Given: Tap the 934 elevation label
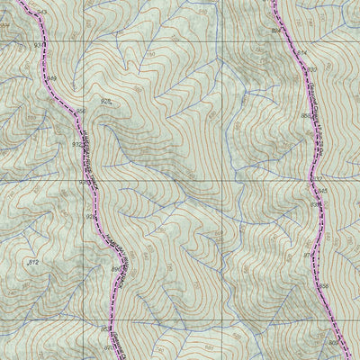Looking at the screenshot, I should tap(38, 43).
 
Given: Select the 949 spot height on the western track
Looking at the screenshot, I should tap(51, 80).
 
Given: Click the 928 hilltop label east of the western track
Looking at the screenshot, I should tap(107, 103).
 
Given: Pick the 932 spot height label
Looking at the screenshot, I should tap(76, 143).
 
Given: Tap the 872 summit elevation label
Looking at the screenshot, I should tap(34, 261).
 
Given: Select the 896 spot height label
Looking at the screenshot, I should tap(115, 268).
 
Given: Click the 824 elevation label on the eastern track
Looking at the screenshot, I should tap(275, 31).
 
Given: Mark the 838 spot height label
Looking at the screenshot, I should tap(323, 286).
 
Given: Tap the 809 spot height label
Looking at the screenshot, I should tap(332, 343).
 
